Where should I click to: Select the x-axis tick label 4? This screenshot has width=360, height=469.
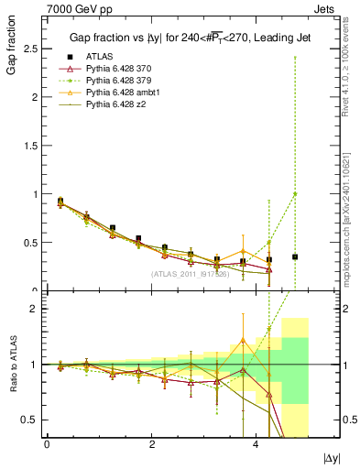point(256,444)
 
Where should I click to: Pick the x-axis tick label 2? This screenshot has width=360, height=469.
point(151,444)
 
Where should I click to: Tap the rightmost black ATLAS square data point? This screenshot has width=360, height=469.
point(295,256)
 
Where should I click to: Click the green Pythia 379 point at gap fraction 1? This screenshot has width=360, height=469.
point(295,193)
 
